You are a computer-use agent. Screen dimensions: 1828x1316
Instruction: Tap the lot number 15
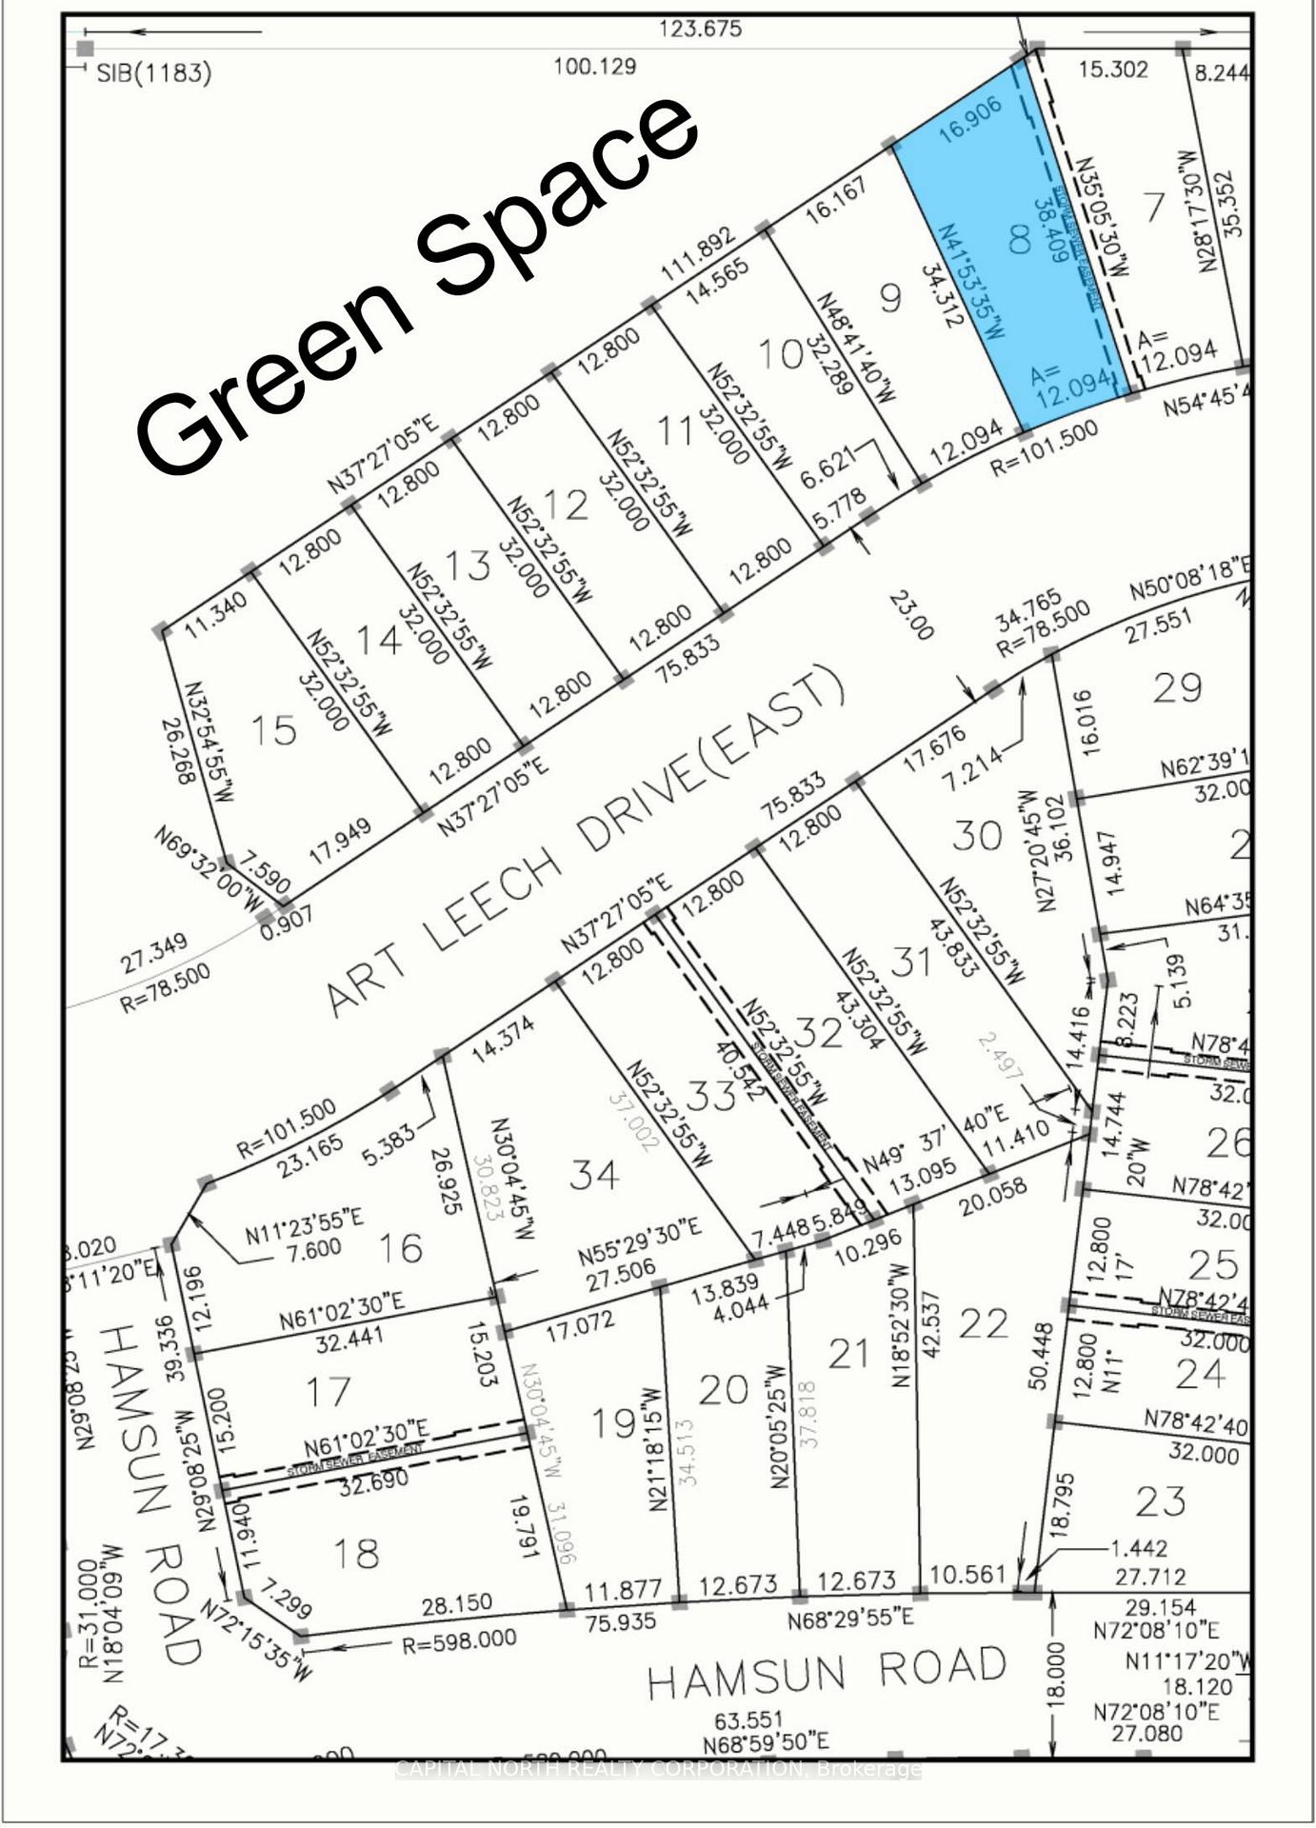(x=273, y=730)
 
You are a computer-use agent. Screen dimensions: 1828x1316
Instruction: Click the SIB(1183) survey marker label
(x=153, y=73)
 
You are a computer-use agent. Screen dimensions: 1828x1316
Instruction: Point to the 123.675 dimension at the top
(x=700, y=29)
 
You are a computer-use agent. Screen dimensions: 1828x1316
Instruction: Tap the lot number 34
(x=594, y=1175)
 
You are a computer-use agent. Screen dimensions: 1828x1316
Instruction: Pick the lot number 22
(x=983, y=1322)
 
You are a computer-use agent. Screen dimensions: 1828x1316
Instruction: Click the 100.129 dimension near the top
(x=594, y=67)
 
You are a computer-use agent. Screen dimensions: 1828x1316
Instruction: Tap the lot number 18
(x=355, y=1553)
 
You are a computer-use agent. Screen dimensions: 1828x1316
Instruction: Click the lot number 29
(x=1177, y=687)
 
